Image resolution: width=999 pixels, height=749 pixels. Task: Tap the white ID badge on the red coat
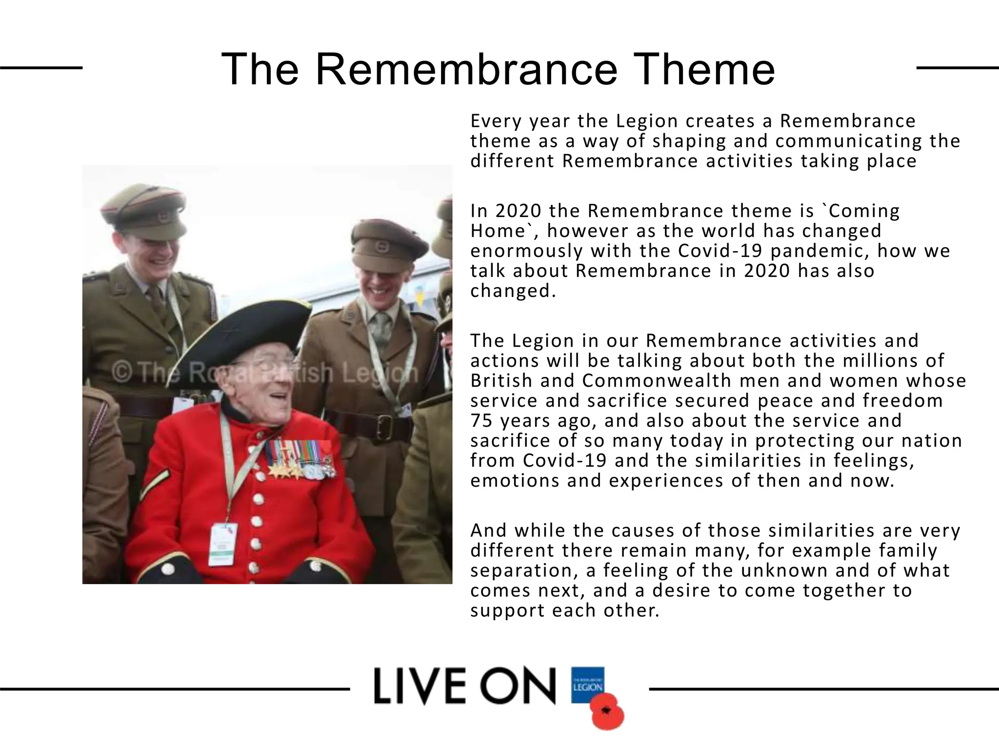tap(223, 544)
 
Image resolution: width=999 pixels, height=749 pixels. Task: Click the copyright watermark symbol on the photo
tap(121, 374)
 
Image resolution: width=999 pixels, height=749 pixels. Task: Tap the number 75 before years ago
tap(481, 420)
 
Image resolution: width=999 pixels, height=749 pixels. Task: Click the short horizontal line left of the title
tap(41, 68)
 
